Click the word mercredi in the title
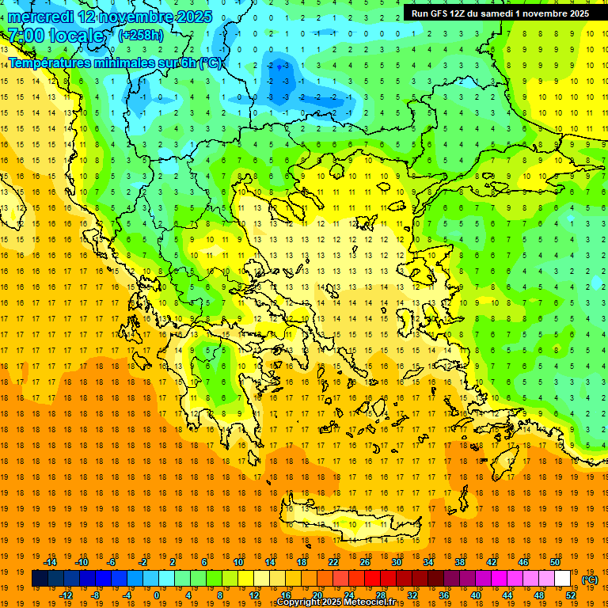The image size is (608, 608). [x=40, y=17]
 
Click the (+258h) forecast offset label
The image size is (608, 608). [x=140, y=36]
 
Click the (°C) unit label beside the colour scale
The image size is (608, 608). [x=590, y=579]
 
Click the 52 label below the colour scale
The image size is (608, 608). [x=571, y=595]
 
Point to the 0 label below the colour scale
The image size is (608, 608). [x=157, y=595]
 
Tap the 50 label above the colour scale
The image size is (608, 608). [x=555, y=562]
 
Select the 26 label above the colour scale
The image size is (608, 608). [x=365, y=562]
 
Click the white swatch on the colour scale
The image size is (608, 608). [x=563, y=579]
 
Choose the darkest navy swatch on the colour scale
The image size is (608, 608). [x=40, y=579]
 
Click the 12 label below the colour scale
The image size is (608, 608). [x=254, y=595]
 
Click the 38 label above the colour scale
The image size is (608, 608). [x=460, y=562]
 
